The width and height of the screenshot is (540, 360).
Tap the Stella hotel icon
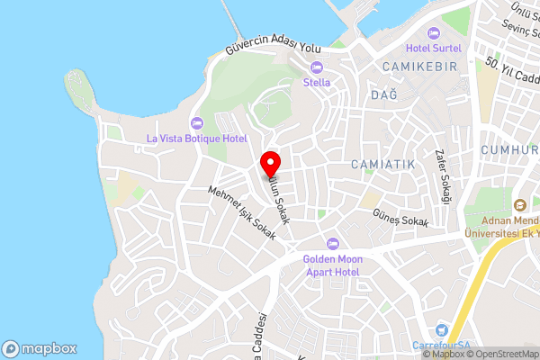click(316, 67)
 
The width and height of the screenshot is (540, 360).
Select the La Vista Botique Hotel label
click(196, 138)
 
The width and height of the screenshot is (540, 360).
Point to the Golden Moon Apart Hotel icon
click(332, 243)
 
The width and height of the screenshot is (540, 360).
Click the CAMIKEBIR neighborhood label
click(419, 67)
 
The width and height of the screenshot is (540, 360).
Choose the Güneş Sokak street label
click(400, 218)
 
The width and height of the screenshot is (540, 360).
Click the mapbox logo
click(40, 348)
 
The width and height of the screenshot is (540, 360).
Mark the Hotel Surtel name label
click(433, 48)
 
